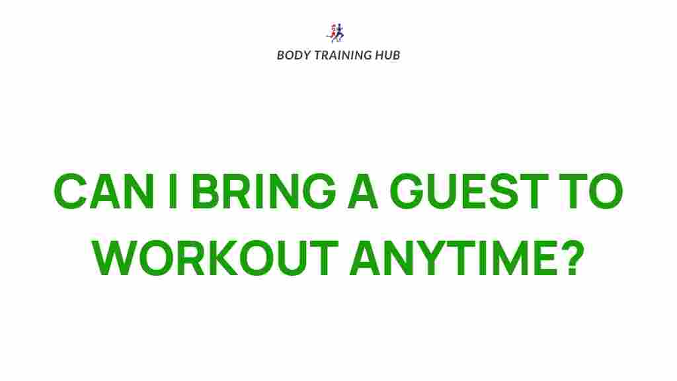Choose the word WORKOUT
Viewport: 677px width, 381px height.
coord(216,259)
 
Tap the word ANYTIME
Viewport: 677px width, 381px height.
coord(449,259)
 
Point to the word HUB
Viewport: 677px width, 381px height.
coord(387,55)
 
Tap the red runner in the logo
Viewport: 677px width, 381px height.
coord(333,32)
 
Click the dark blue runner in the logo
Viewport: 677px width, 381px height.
coord(340,32)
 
